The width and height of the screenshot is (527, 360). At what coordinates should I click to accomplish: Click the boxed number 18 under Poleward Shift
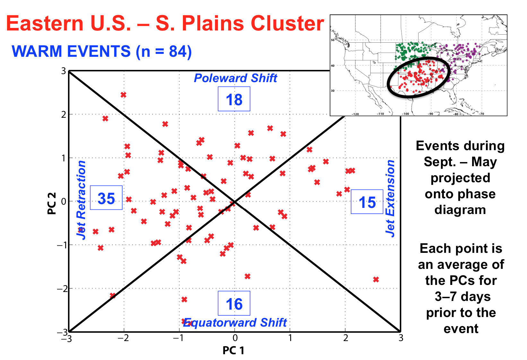tap(234, 99)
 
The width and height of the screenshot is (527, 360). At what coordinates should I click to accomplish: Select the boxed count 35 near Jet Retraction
tap(106, 198)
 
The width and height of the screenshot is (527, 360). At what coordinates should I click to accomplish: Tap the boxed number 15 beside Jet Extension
tap(367, 202)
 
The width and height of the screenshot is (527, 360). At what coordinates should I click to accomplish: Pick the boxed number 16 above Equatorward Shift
tap(234, 303)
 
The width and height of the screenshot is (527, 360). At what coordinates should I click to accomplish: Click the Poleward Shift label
tap(236, 78)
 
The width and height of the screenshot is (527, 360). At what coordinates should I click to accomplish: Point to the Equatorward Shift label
tap(235, 322)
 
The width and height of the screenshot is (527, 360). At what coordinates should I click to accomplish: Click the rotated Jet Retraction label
tap(82, 200)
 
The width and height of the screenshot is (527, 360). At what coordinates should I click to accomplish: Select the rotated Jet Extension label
tap(390, 199)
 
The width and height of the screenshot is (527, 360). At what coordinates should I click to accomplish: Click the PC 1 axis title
tap(233, 350)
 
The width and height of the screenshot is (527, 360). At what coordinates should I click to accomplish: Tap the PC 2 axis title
tap(52, 203)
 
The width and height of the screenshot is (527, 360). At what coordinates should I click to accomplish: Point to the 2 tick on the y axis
tap(64, 115)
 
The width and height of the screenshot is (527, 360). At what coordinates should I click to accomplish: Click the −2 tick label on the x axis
tap(123, 338)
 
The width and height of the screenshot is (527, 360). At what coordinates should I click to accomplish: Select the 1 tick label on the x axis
tap(290, 338)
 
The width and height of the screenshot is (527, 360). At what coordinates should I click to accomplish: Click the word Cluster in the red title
tap(288, 23)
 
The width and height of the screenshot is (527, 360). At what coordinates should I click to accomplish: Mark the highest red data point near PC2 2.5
tap(124, 95)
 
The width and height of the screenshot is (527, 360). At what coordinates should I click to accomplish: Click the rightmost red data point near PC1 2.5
tap(376, 279)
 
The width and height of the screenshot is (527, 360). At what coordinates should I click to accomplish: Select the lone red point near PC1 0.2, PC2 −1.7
tap(247, 276)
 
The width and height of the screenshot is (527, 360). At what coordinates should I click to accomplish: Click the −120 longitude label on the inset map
tap(355, 114)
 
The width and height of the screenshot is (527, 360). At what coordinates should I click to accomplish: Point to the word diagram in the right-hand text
tap(460, 210)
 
